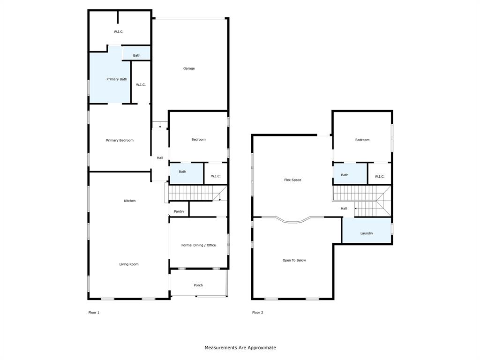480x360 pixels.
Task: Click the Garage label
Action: [x=189, y=68]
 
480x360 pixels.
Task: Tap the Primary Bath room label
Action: [x=117, y=79]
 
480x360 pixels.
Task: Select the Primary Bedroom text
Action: [x=120, y=140]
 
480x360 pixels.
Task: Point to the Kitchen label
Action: [x=130, y=201]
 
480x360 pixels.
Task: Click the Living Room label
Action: [x=129, y=264]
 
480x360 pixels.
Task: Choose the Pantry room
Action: [x=179, y=211]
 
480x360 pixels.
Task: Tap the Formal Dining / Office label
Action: [x=199, y=245]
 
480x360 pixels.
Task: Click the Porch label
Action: [x=198, y=285]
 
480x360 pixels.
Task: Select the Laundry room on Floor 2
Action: [x=367, y=233]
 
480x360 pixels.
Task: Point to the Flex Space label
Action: [x=292, y=180]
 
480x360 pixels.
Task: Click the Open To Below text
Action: [x=294, y=260]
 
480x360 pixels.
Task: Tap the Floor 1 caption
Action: [x=94, y=312]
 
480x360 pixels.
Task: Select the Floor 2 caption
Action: [x=257, y=312]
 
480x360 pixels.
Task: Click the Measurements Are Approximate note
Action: [x=240, y=348]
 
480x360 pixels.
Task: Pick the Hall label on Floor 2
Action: [x=344, y=209]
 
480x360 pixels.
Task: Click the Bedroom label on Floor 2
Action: [x=362, y=140]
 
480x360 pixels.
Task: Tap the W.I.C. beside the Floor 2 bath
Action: [x=380, y=176]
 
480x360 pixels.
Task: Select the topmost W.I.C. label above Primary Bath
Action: [x=119, y=31]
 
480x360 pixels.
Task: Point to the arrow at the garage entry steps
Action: [x=160, y=126]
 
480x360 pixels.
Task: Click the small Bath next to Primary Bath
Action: [x=136, y=55]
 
